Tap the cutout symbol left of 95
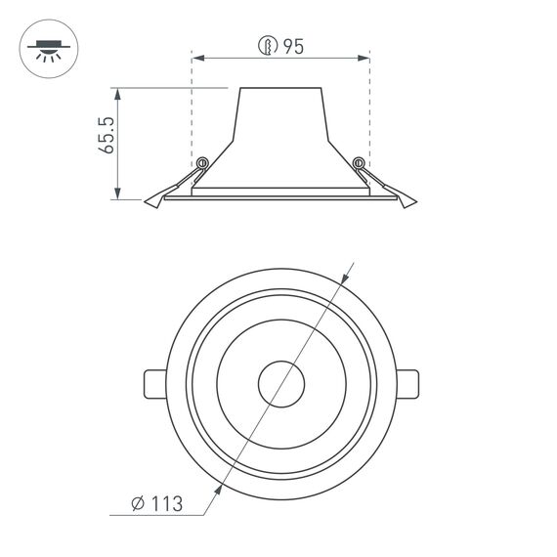(265, 46)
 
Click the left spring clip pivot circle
(202, 163)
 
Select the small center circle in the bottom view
(280, 384)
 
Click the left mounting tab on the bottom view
(155, 384)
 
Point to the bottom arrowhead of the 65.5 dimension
(118, 194)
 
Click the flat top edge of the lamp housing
(280, 88)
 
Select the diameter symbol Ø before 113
(138, 504)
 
